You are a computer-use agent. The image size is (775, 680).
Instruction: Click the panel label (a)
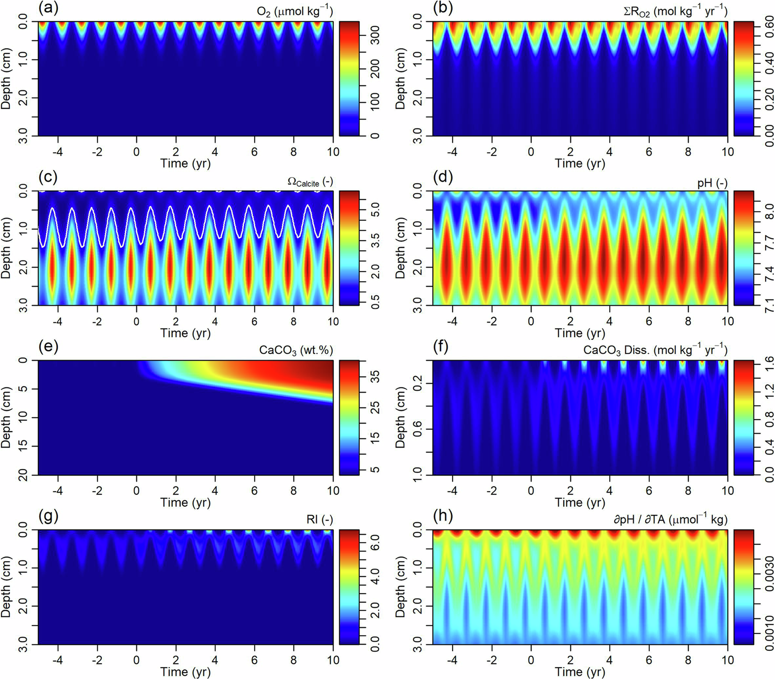(x=48, y=9)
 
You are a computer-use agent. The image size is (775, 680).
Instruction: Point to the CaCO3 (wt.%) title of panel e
(x=296, y=351)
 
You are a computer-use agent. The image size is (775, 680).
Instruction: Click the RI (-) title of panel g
(x=319, y=520)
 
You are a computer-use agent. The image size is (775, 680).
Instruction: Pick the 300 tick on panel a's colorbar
(x=375, y=35)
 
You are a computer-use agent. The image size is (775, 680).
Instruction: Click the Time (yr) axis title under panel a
(x=186, y=163)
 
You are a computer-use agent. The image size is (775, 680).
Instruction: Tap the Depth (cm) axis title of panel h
(x=400, y=587)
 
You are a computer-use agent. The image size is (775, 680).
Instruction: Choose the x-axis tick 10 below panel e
(x=332, y=491)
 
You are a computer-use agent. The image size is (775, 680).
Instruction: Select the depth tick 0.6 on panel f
(x=418, y=429)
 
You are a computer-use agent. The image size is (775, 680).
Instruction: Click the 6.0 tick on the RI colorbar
(x=375, y=547)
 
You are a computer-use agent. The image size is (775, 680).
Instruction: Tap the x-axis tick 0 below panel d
(x=531, y=321)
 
